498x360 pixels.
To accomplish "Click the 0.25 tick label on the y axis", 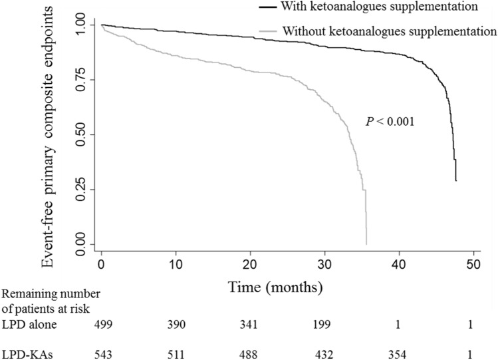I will click(84, 189).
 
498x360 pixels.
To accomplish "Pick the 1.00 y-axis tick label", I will click(84, 25).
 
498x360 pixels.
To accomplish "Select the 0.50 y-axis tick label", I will click(84, 134).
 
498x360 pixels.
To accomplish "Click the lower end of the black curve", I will click(455, 180).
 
